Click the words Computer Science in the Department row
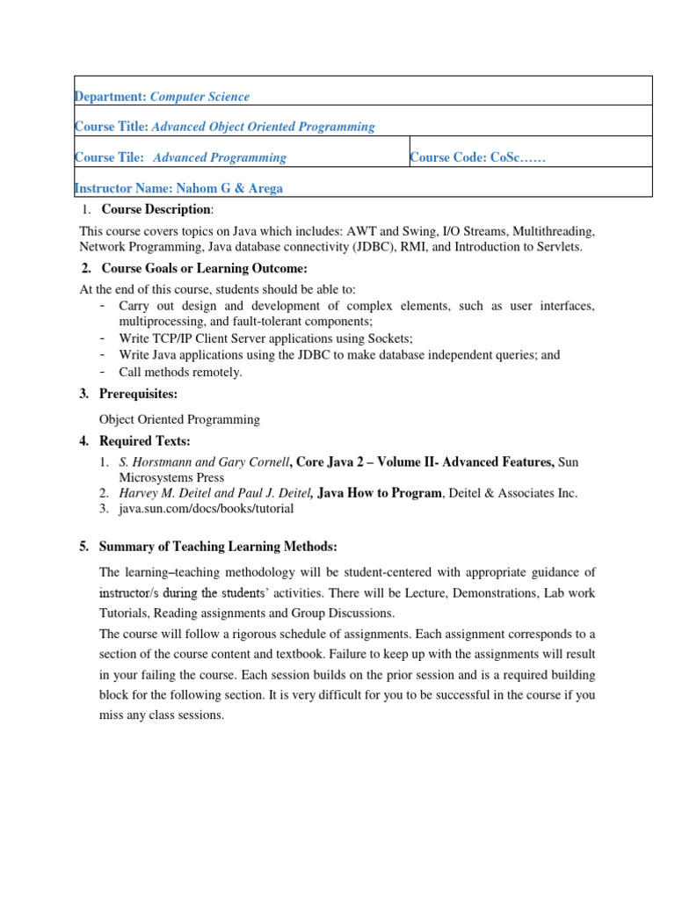[200, 97]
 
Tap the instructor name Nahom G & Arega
[229, 188]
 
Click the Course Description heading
[156, 209]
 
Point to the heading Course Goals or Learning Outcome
[204, 268]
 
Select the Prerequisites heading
[138, 394]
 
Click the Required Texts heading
[144, 440]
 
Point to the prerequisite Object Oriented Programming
[179, 419]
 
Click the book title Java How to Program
[380, 493]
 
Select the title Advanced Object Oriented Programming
[264, 127]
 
